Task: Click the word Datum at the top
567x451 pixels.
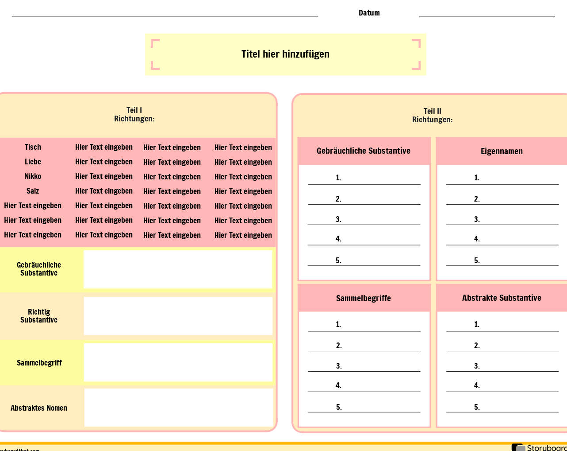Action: coord(369,13)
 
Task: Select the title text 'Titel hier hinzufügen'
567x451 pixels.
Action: coord(285,54)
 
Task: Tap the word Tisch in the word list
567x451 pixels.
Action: coord(33,147)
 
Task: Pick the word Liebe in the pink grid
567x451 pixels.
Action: coord(33,162)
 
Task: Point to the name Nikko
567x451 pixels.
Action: coord(33,176)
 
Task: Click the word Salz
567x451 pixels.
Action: coord(33,191)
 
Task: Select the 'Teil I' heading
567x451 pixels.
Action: coord(134,110)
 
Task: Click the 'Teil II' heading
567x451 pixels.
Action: coord(433,111)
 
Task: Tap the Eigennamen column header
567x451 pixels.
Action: coord(502,151)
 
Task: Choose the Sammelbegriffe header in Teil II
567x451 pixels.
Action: coord(364,298)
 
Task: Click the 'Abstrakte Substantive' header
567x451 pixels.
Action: coord(502,298)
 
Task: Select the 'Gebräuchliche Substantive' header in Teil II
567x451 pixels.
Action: coord(364,151)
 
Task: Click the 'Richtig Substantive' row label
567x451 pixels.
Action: coord(39,315)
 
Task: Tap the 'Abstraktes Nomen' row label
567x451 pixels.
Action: coord(39,408)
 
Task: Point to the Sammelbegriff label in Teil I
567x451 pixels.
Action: coord(39,363)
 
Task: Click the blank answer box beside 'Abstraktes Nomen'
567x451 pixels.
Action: coord(179,408)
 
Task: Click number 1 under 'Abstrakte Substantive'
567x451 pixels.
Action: coord(477,324)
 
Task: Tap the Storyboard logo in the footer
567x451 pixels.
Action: coord(539,447)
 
